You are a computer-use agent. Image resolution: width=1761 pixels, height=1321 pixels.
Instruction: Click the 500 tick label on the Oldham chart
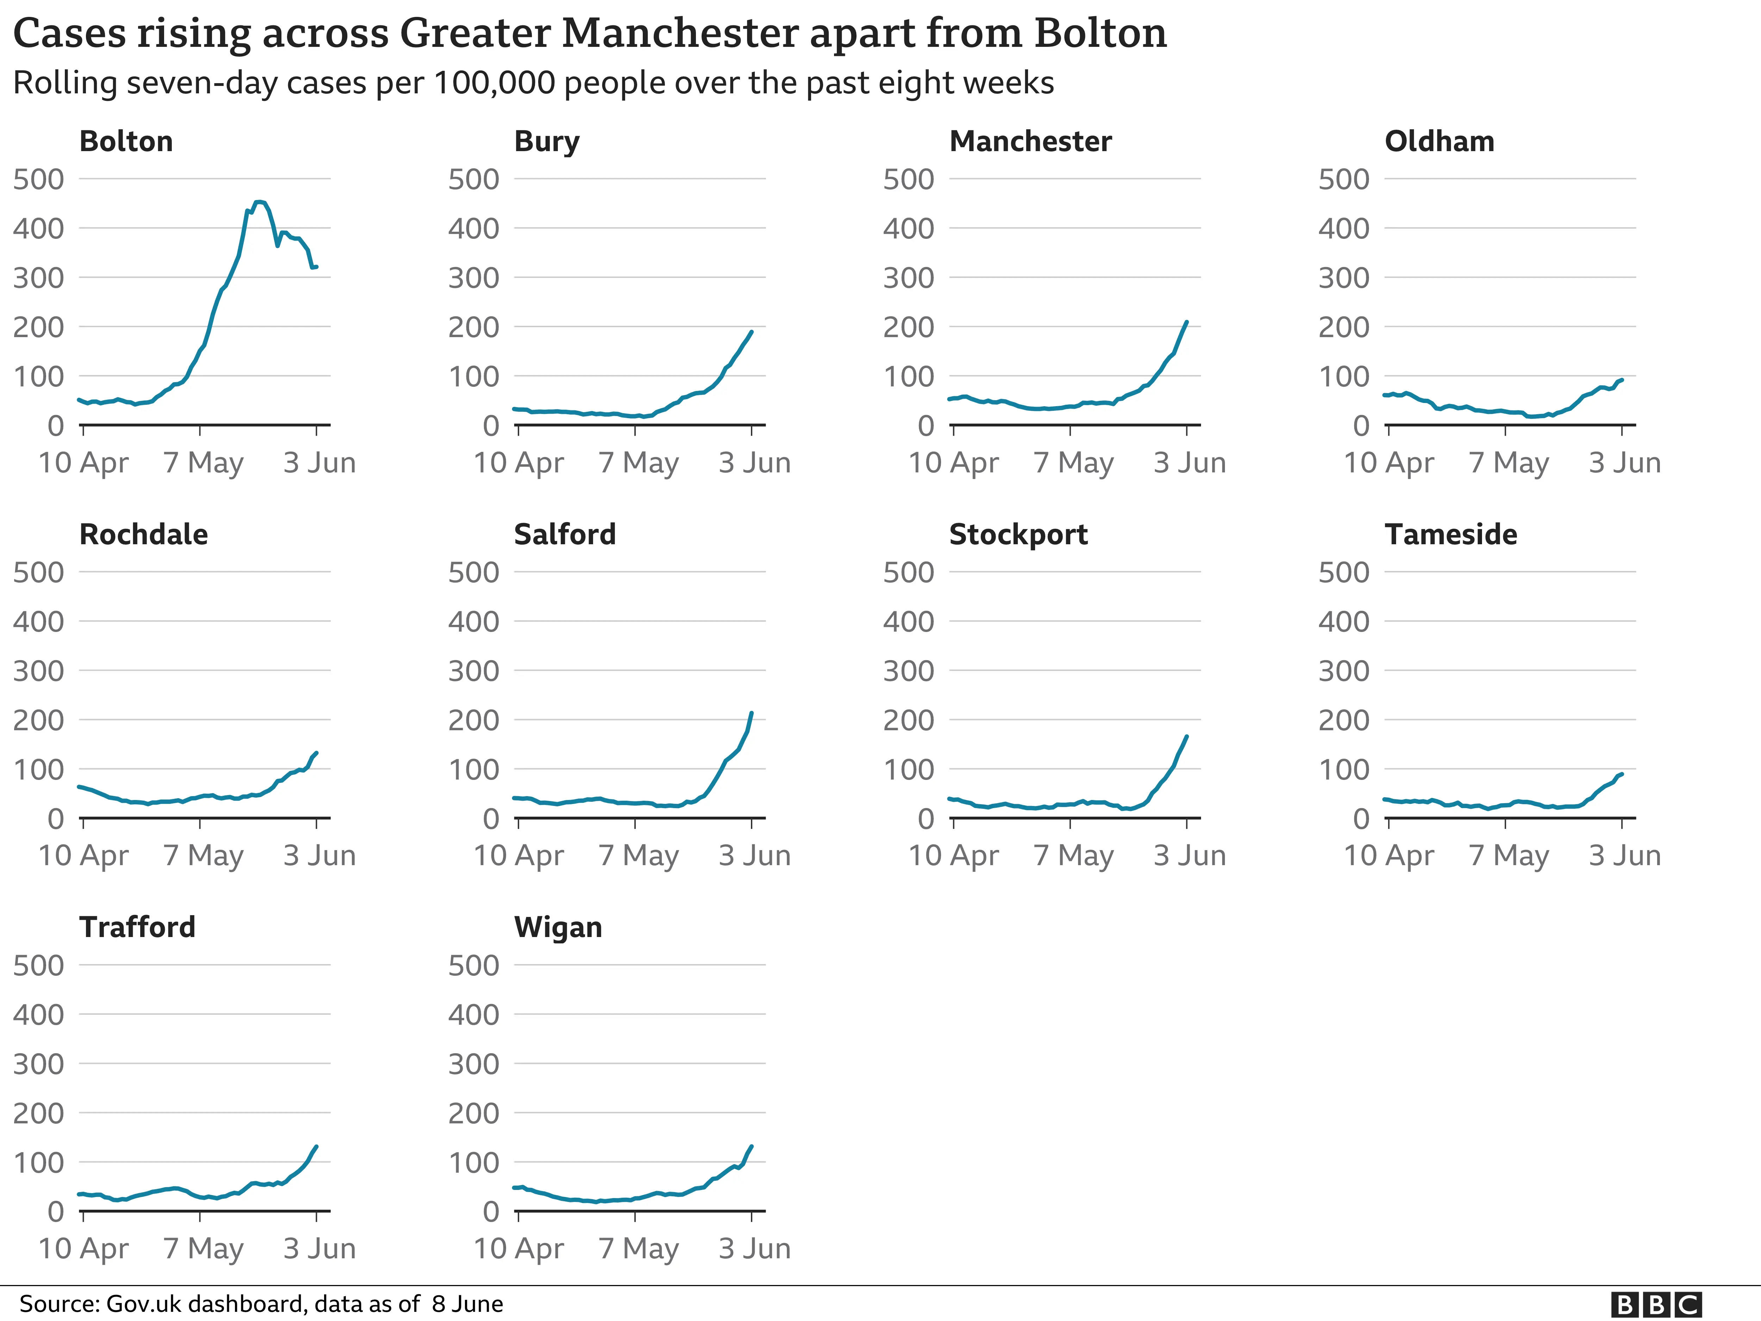point(1344,179)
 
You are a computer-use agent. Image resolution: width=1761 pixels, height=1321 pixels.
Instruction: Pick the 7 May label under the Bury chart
point(639,463)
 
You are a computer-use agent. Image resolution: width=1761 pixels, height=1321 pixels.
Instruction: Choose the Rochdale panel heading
point(143,534)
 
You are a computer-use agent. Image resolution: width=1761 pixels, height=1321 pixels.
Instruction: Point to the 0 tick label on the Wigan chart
point(490,1212)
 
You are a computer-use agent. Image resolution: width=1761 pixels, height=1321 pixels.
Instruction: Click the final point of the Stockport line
point(1187,737)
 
